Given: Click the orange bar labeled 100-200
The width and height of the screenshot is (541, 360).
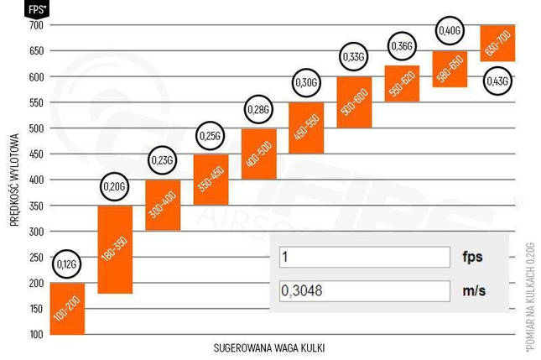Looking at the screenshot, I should (x=67, y=308).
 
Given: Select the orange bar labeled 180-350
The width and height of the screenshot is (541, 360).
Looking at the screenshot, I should (x=115, y=249).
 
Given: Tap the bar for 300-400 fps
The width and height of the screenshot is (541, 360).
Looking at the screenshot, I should (x=163, y=205).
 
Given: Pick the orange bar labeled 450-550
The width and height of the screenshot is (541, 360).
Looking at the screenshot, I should (x=306, y=128).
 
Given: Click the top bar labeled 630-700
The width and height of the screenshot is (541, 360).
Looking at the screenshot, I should (x=497, y=43).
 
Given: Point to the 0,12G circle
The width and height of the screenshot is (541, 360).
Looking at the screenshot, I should (x=67, y=264).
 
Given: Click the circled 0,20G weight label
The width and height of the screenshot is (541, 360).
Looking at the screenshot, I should (x=115, y=186).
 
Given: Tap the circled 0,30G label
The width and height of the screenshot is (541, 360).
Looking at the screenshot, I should (x=306, y=83).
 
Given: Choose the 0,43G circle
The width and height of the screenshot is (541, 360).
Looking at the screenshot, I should (x=497, y=81).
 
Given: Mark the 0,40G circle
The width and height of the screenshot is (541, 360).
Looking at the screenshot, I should (x=450, y=31).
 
